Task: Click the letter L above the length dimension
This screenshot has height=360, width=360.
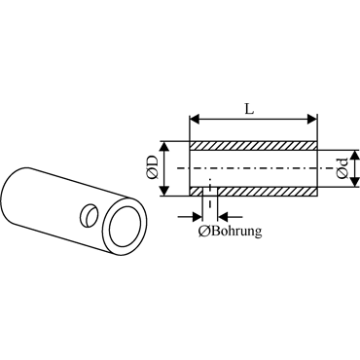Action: coord(249,109)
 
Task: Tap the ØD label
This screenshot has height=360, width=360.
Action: coord(153,167)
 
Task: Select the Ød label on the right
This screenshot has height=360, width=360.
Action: coord(342,168)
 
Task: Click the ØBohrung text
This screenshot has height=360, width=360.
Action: coord(231,231)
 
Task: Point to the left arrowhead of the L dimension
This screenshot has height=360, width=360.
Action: coord(194,119)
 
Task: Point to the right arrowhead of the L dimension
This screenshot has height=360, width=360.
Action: coord(311,119)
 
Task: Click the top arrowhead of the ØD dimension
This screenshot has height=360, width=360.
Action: coord(165,147)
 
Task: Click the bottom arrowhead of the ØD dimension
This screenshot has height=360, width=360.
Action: coord(165,191)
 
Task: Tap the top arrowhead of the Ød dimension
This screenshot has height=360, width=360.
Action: coord(356,155)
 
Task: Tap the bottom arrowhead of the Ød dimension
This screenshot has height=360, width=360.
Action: coord(356,182)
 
